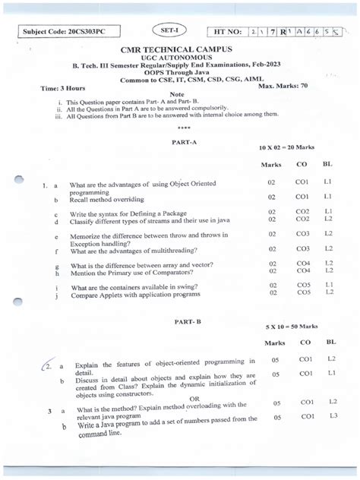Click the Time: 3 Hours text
[x=67, y=89]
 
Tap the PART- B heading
[x=188, y=322]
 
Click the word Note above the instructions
[x=177, y=94]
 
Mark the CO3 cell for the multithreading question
[x=303, y=249]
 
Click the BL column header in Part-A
[x=327, y=164]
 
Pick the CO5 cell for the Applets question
[x=304, y=292]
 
